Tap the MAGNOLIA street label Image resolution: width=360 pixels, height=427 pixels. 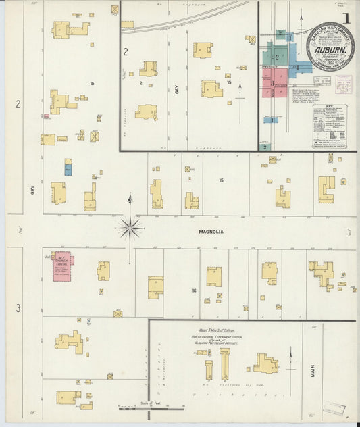(211, 231)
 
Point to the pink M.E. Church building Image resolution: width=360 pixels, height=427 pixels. (63, 266)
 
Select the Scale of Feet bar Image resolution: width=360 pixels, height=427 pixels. (151, 407)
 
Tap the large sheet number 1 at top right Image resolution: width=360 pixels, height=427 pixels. (345, 18)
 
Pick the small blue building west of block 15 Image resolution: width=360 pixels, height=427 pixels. (68, 168)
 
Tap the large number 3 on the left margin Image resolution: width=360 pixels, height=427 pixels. (18, 308)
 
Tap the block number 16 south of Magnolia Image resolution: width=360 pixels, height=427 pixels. (193, 291)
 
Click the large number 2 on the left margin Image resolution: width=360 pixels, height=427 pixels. (18, 104)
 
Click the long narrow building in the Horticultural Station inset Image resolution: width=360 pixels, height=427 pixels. (226, 365)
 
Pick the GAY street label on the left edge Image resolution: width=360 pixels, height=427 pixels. (32, 191)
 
